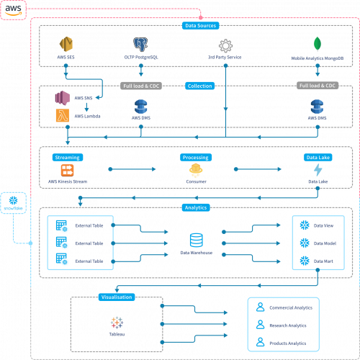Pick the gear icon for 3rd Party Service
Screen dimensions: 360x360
(225, 45)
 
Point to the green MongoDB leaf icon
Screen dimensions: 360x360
(317, 44)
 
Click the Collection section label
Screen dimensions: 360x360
(199, 86)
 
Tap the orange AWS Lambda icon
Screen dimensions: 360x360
(61, 115)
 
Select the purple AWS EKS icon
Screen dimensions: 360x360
(61, 98)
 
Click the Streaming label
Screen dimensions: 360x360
(66, 157)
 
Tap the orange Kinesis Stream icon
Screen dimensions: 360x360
(67, 171)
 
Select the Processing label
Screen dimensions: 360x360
(195, 157)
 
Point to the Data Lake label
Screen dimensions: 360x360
(318, 157)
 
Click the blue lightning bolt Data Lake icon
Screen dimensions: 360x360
(318, 171)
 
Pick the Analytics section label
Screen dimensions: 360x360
(195, 207)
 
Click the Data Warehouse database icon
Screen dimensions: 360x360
(195, 240)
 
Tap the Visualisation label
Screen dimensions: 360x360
(117, 297)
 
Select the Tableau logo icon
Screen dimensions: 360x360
(116, 322)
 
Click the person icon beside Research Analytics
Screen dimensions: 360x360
(261, 325)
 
